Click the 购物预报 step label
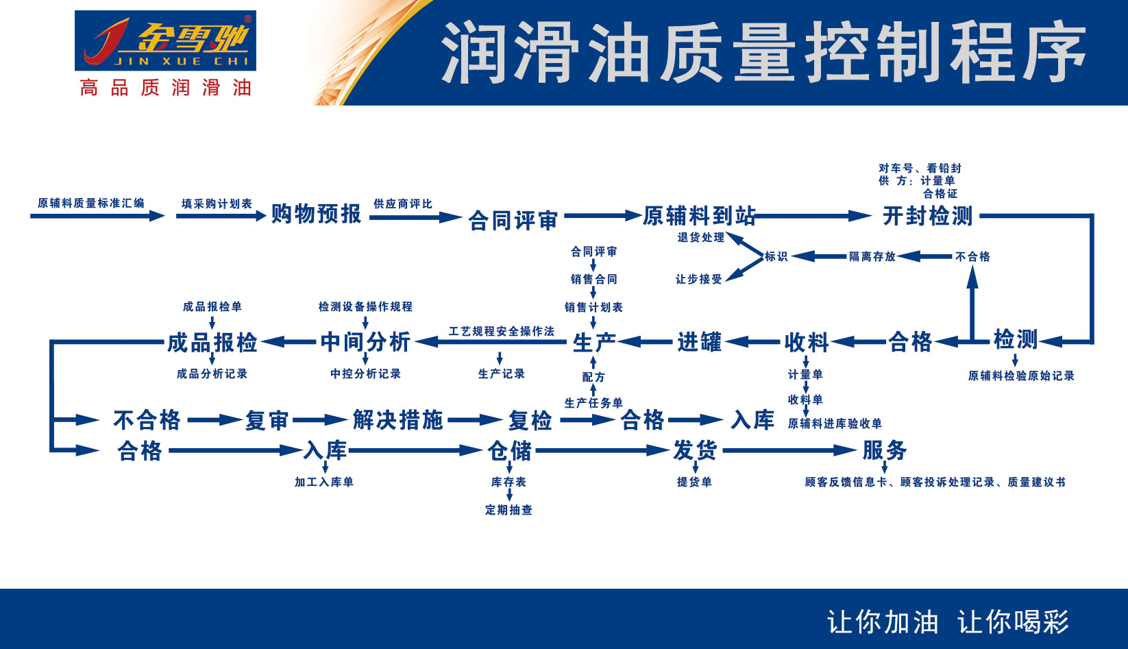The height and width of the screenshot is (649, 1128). (x=316, y=215)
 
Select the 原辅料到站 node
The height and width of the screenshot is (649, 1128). (x=699, y=216)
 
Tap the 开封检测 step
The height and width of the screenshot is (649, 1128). (x=927, y=216)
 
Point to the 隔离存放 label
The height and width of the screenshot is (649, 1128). (x=872, y=256)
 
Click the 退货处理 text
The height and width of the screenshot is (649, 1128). (x=700, y=238)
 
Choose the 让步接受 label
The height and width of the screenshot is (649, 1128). (x=698, y=279)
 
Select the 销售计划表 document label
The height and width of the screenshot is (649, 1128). (x=593, y=307)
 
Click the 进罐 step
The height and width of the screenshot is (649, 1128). (x=699, y=341)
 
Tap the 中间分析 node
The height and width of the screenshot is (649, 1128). (x=365, y=341)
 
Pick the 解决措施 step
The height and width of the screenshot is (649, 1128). (x=397, y=419)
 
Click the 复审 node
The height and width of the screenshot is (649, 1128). (x=267, y=420)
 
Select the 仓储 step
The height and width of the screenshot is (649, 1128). (x=509, y=451)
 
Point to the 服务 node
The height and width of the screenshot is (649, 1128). (x=884, y=450)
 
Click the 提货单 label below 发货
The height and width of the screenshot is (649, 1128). (x=694, y=482)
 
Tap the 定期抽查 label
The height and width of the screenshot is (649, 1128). (x=508, y=510)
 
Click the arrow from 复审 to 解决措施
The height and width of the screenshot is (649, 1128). (x=320, y=420)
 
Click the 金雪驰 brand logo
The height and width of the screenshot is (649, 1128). (x=165, y=41)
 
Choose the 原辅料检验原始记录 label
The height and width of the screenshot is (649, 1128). (x=1020, y=376)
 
